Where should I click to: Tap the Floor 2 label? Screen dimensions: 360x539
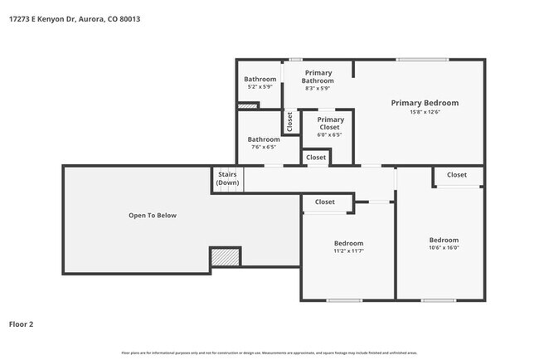22,324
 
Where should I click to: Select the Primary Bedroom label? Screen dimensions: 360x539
425,103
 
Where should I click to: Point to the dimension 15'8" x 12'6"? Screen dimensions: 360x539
425,113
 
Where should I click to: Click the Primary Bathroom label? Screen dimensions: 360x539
318,76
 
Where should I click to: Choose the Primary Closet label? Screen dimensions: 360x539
329,124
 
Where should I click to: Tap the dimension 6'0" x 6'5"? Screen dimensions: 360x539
329,135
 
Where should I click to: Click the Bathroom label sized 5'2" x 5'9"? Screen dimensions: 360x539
260,79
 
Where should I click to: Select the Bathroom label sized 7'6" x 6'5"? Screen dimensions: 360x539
264,139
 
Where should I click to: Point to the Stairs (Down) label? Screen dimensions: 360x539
227,178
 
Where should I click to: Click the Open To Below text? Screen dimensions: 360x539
152,216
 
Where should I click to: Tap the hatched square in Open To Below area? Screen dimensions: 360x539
224,258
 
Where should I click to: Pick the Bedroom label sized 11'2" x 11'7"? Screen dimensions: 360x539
348,243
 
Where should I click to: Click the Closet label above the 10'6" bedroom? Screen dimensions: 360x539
457,175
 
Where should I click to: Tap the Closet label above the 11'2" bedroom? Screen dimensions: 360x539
324,202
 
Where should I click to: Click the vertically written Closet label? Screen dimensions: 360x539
289,122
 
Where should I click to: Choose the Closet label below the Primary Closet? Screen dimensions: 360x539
316,157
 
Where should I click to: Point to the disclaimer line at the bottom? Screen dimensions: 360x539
269,352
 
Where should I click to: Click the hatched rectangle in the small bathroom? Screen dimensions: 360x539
248,105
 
